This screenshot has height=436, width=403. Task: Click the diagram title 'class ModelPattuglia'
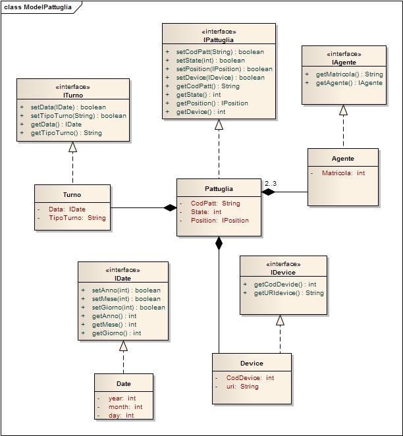[38, 7]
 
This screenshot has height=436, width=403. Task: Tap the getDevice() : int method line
[201, 112]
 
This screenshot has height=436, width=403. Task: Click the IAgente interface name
[344, 63]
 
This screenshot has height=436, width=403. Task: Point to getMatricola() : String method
[350, 74]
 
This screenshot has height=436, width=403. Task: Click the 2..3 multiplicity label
[271, 184]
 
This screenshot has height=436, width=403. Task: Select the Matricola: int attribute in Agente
[343, 173]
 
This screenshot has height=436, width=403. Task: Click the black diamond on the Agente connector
[268, 192]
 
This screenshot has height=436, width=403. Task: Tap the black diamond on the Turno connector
[170, 207]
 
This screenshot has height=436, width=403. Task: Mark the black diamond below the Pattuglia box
[219, 243]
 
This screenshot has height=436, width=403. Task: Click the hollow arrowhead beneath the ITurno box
[73, 147]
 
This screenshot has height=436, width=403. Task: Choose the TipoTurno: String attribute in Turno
[77, 218]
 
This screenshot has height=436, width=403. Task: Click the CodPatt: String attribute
[215, 204]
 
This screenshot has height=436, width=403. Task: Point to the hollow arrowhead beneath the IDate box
[123, 346]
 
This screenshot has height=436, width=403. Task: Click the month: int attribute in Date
[125, 407]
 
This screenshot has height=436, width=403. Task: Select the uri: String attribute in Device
[242, 386]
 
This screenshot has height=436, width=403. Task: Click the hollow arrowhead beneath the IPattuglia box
[219, 124]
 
